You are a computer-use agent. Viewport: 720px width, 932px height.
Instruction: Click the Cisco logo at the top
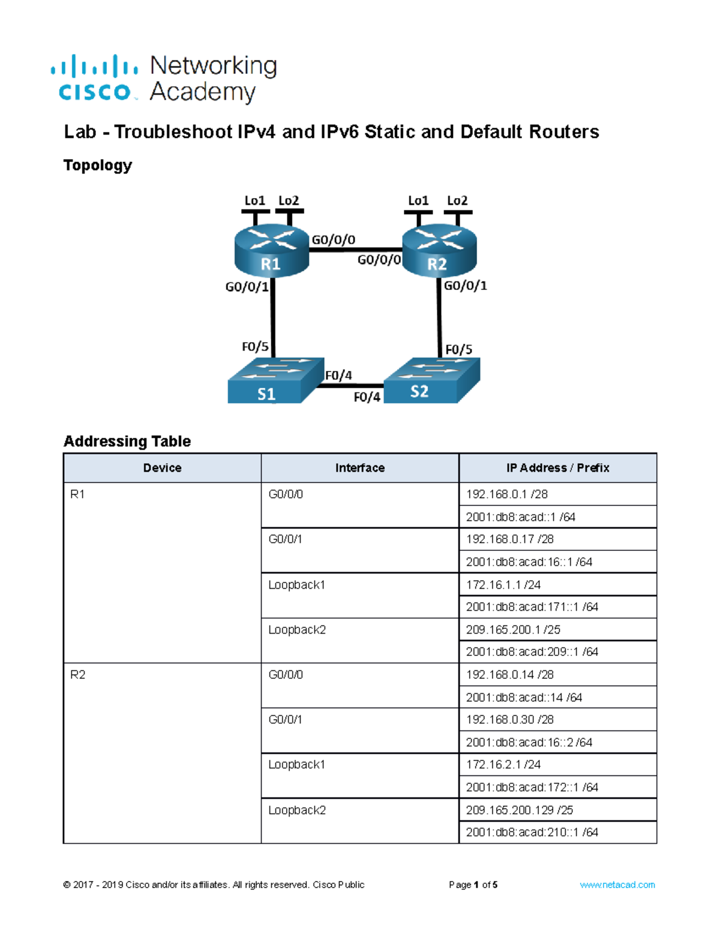pos(95,78)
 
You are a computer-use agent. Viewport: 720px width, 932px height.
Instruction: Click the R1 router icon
pos(271,251)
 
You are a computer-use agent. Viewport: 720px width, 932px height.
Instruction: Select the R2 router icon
pos(439,251)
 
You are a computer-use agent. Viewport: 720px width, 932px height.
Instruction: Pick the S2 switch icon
pos(432,380)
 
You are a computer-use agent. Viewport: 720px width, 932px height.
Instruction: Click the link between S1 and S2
pos(350,386)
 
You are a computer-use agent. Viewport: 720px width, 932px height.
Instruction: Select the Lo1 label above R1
pos(254,200)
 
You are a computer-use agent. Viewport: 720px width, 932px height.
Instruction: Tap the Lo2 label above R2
pos(457,200)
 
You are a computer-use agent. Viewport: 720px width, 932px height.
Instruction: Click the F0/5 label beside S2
pos(458,349)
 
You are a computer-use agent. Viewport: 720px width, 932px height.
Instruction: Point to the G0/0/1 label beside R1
pos(247,287)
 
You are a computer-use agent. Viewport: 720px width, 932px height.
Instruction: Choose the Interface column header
pos(360,468)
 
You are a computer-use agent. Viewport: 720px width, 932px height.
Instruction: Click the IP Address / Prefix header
pos(557,468)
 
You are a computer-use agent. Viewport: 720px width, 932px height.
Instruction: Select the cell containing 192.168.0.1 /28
pos(557,494)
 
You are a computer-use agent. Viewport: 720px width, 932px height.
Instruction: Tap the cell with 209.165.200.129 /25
pos(557,810)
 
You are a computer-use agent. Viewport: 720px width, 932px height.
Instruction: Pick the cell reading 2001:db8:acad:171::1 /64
pos(557,607)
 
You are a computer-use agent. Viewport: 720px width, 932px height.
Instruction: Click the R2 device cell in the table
pos(162,753)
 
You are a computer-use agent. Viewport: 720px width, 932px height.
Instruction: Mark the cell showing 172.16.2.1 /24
pos(557,765)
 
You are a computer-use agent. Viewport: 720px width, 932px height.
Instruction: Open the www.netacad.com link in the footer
pos(617,885)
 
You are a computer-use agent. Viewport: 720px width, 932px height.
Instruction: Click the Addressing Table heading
pos(127,441)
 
